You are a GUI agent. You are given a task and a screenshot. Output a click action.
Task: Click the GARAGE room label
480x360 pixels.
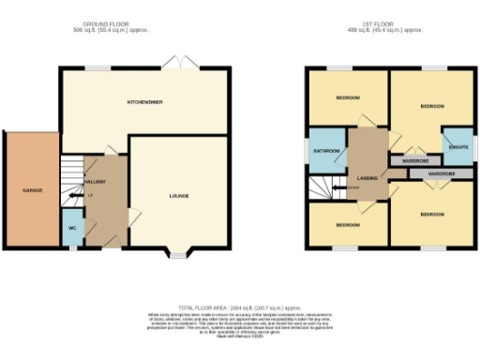(x=33, y=190)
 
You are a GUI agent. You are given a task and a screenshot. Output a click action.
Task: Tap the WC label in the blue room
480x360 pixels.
(x=71, y=227)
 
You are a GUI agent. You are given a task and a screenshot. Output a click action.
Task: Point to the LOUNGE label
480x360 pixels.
(x=178, y=196)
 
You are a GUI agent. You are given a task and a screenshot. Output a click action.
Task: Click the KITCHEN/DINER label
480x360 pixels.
(x=145, y=101)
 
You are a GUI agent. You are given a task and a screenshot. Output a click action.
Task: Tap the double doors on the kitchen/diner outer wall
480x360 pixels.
(x=175, y=64)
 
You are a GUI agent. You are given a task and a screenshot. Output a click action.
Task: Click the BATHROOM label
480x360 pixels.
(x=326, y=151)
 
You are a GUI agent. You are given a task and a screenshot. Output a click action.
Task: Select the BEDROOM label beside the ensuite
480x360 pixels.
(x=431, y=106)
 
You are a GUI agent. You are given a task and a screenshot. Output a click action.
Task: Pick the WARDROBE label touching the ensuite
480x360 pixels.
(x=415, y=160)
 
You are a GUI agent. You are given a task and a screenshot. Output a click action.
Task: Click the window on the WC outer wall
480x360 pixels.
(x=62, y=228)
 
